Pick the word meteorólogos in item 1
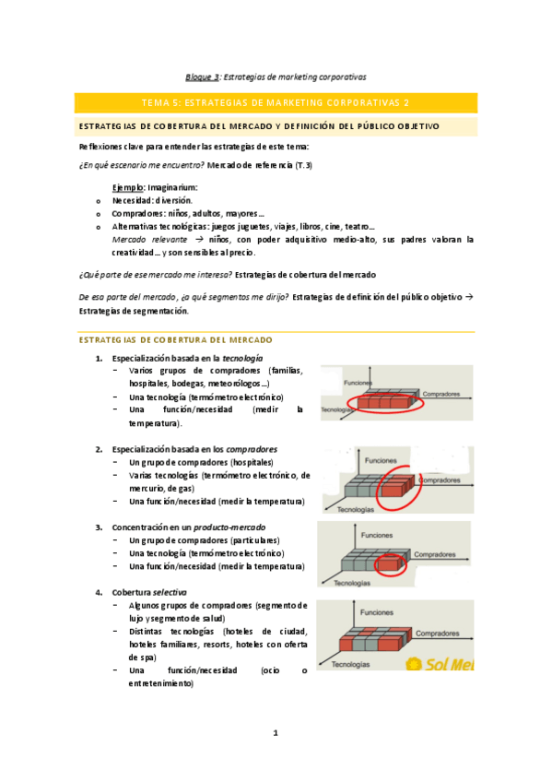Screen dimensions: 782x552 [238, 384]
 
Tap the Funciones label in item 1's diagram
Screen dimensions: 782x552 [358, 382]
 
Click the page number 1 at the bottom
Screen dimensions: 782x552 [275, 733]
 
